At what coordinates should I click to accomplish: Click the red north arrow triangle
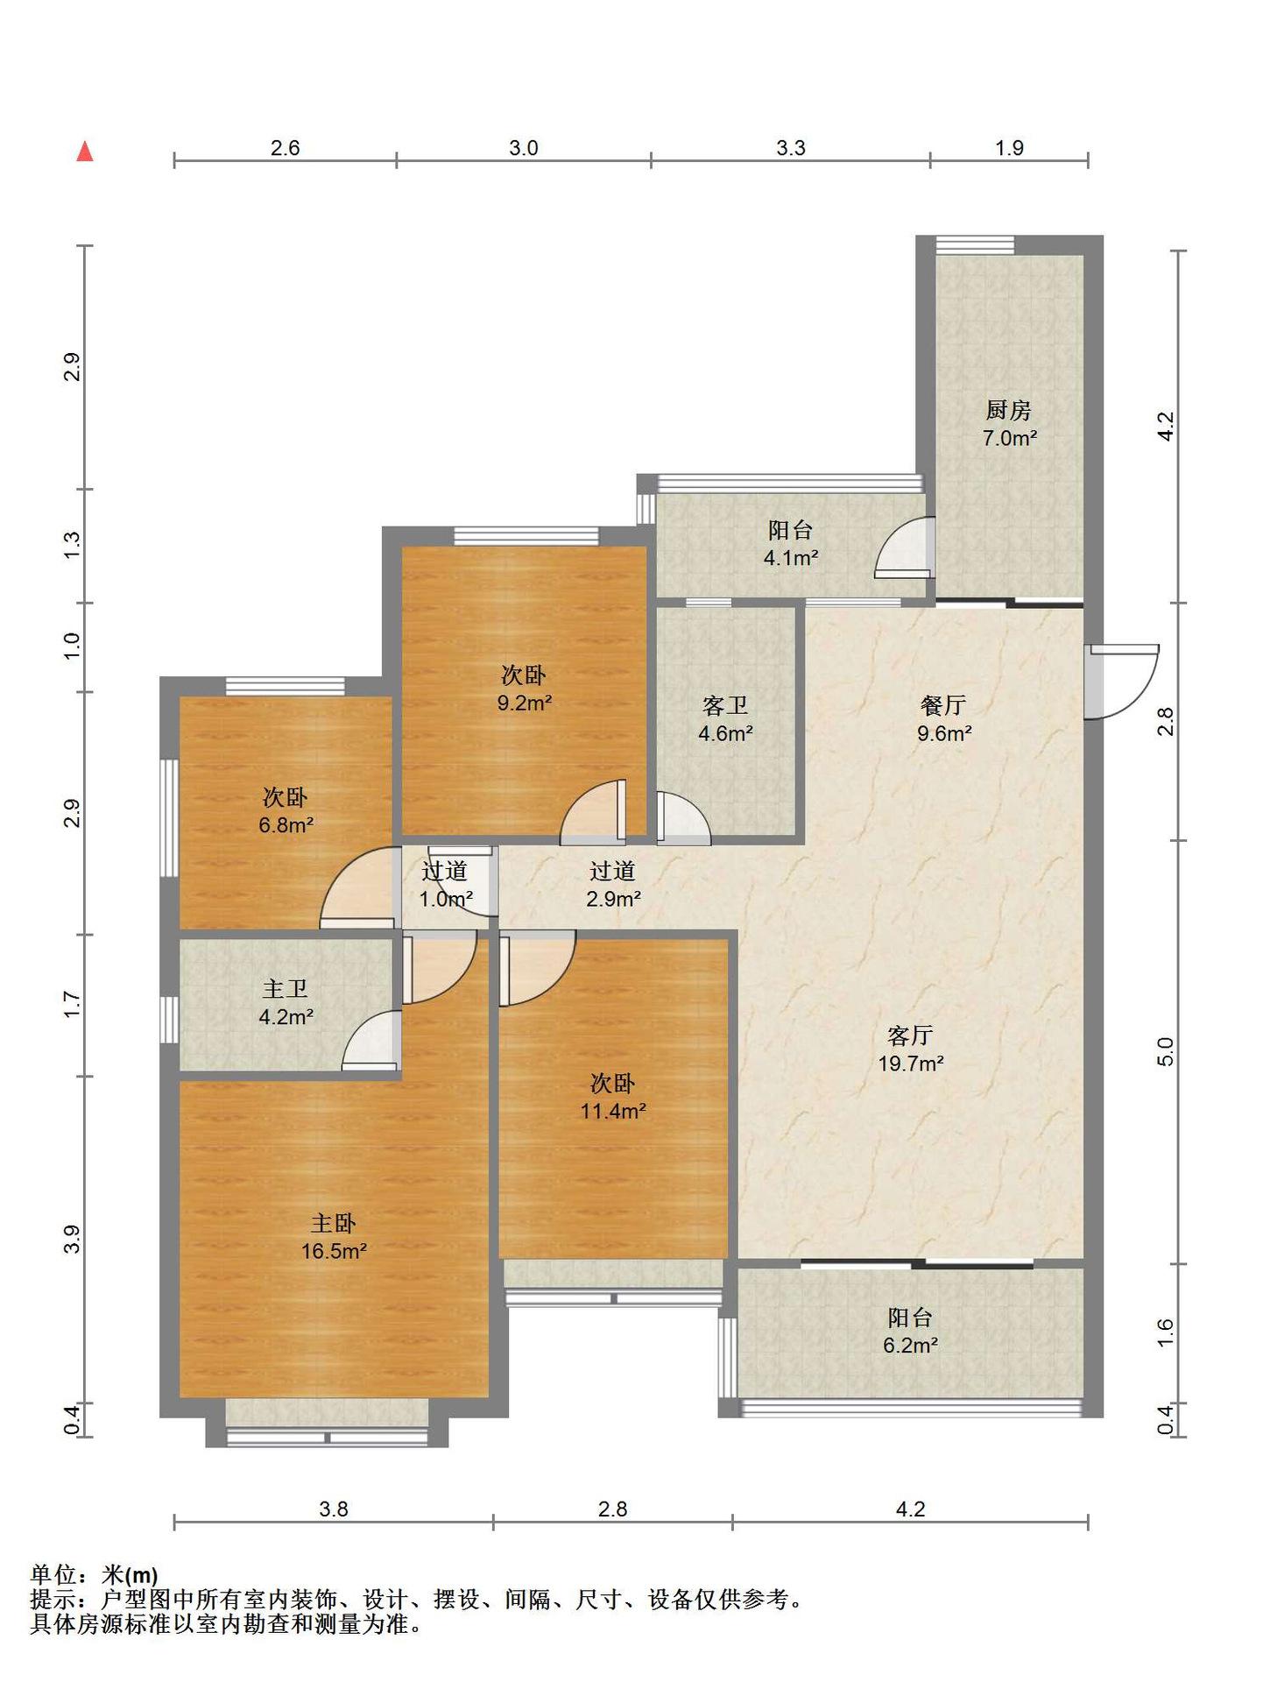point(85,152)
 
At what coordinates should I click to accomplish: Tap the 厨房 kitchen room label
point(1008,410)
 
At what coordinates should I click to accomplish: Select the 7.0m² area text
point(1010,438)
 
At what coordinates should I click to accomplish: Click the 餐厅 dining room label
point(943,705)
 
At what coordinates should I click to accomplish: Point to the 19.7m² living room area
point(911,1064)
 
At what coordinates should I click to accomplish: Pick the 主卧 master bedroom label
point(333,1223)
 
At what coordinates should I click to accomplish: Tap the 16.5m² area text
point(334,1251)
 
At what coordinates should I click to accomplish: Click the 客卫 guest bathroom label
point(725,705)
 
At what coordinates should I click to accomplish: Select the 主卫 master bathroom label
point(286,989)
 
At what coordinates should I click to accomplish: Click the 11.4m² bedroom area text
point(613,1112)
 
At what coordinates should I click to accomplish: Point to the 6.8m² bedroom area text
point(286,825)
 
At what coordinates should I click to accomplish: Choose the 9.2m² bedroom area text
point(525,703)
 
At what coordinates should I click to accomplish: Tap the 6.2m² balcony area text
point(911,1346)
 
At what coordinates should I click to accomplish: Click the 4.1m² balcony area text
point(791,558)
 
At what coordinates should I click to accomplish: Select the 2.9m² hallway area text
point(613,899)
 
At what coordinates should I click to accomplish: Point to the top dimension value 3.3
point(791,147)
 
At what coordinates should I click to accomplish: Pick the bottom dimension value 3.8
point(334,1509)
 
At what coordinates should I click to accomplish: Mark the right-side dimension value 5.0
point(1165,1051)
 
